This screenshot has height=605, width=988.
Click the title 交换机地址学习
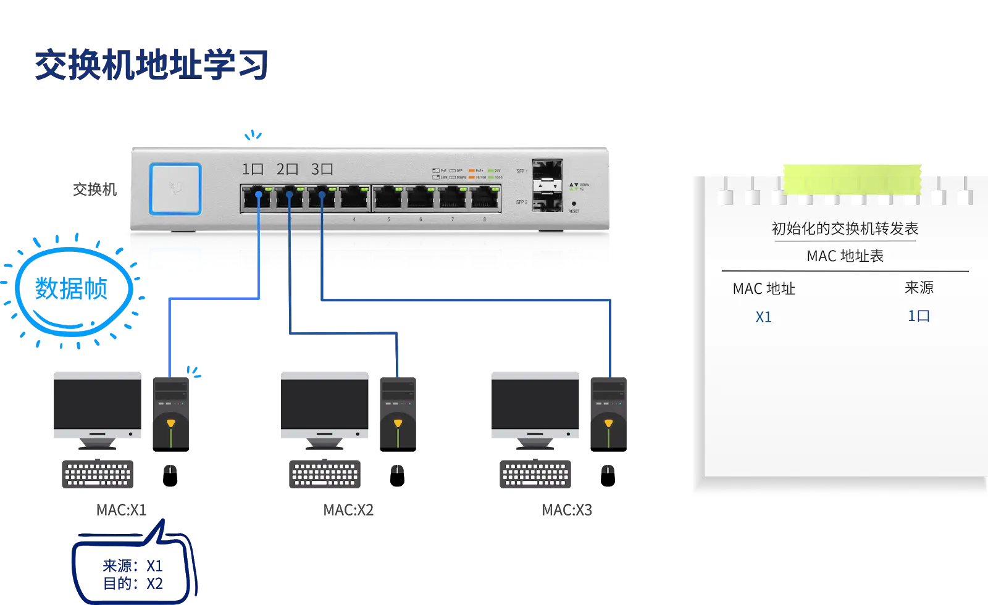click(x=152, y=65)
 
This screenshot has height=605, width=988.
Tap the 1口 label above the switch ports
click(x=253, y=169)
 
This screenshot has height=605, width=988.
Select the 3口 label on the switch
click(x=322, y=169)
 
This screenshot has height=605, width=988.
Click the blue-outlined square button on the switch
click(x=175, y=188)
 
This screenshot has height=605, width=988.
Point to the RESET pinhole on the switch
click(x=574, y=204)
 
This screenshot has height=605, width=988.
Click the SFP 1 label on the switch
click(x=522, y=171)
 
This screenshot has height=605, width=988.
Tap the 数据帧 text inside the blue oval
click(x=72, y=289)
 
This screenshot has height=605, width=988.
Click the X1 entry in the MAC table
click(x=764, y=317)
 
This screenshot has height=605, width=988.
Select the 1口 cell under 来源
click(x=919, y=316)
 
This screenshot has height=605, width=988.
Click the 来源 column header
click(x=919, y=288)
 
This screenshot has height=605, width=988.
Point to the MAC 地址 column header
click(x=764, y=289)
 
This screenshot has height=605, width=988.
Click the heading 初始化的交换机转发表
click(x=845, y=229)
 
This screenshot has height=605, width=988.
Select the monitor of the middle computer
click(x=323, y=404)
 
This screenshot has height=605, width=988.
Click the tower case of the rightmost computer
click(x=608, y=412)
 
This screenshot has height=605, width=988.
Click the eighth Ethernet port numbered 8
click(x=485, y=198)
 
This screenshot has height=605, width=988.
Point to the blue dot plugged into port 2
click(x=289, y=195)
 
